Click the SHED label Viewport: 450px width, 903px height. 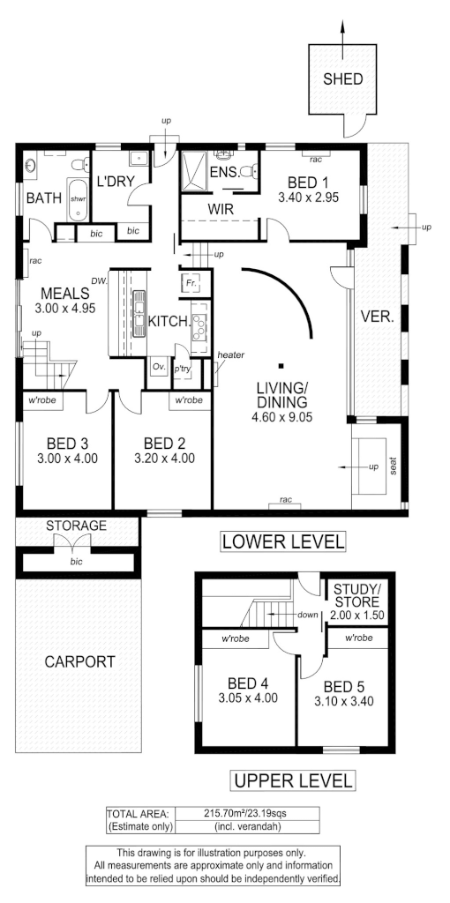(342, 78)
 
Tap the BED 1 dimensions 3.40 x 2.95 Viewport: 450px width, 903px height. (308, 198)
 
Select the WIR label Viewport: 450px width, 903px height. (221, 209)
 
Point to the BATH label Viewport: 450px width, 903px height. (43, 198)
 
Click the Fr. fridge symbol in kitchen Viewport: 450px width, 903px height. (191, 283)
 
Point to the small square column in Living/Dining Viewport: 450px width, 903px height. (279, 364)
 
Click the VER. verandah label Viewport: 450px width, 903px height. (377, 317)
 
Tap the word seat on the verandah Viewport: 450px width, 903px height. (394, 464)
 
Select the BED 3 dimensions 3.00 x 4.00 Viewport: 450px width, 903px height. (66, 458)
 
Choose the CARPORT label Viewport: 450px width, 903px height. (79, 661)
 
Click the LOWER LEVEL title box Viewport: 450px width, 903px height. (282, 541)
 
